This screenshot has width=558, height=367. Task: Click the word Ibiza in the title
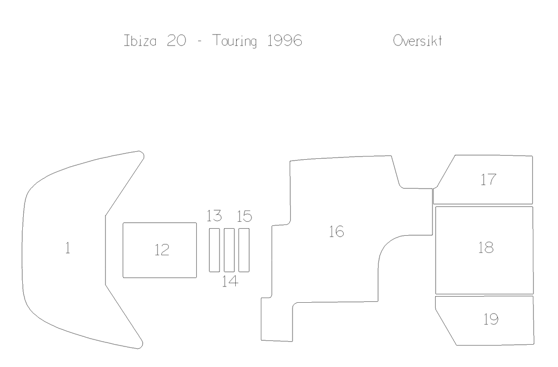coord(140,41)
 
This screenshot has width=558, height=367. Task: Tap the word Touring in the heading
coord(234,41)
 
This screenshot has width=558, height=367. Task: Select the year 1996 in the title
coord(285,41)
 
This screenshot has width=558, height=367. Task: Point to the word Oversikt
coord(418,41)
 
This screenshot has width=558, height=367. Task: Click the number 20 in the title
coord(176,41)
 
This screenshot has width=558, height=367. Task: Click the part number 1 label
coord(67,248)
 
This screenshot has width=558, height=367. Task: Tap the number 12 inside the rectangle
coord(162,250)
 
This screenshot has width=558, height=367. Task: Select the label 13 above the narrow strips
coord(214,216)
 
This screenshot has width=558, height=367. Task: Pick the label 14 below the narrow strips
coord(230,281)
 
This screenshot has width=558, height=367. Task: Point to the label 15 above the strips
coord(244,216)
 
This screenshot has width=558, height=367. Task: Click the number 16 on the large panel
coord(337,231)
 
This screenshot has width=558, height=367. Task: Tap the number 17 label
coord(488,180)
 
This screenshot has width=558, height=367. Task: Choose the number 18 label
coord(486,248)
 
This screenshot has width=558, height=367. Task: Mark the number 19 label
coord(491,319)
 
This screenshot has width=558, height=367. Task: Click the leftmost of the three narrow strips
coord(214,250)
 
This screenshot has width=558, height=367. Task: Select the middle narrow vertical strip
coord(229,250)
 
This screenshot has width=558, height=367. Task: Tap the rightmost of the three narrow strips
coord(244,250)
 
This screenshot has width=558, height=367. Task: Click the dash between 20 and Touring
coord(199,41)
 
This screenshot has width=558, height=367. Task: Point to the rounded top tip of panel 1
coord(141,152)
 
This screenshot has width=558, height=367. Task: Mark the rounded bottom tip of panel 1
coord(140,347)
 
